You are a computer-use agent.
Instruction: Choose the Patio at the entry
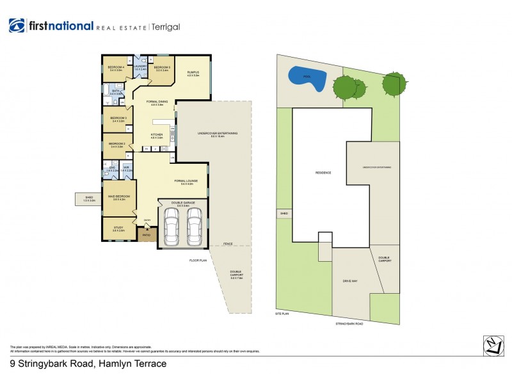coord(147,235)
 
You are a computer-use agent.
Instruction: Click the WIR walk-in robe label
coord(127,169)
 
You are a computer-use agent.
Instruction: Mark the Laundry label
coord(141,66)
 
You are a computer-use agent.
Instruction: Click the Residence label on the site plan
coord(322,173)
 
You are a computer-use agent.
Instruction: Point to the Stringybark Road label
coord(349,324)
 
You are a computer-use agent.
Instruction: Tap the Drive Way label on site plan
coord(349,280)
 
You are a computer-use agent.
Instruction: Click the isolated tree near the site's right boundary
coord(393,83)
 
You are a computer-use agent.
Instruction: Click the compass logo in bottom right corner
coord(492,345)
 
